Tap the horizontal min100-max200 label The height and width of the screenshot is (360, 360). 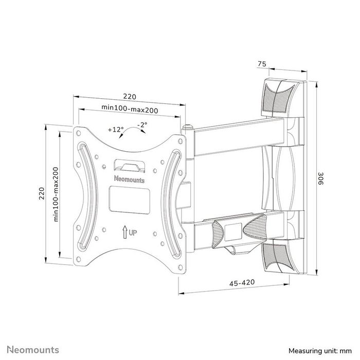[x=129, y=109]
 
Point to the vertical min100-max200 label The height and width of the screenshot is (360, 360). [x=56, y=194]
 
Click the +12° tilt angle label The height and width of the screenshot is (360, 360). [x=116, y=130]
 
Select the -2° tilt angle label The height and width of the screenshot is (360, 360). [x=142, y=125]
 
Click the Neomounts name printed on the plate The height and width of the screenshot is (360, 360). [x=129, y=179]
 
